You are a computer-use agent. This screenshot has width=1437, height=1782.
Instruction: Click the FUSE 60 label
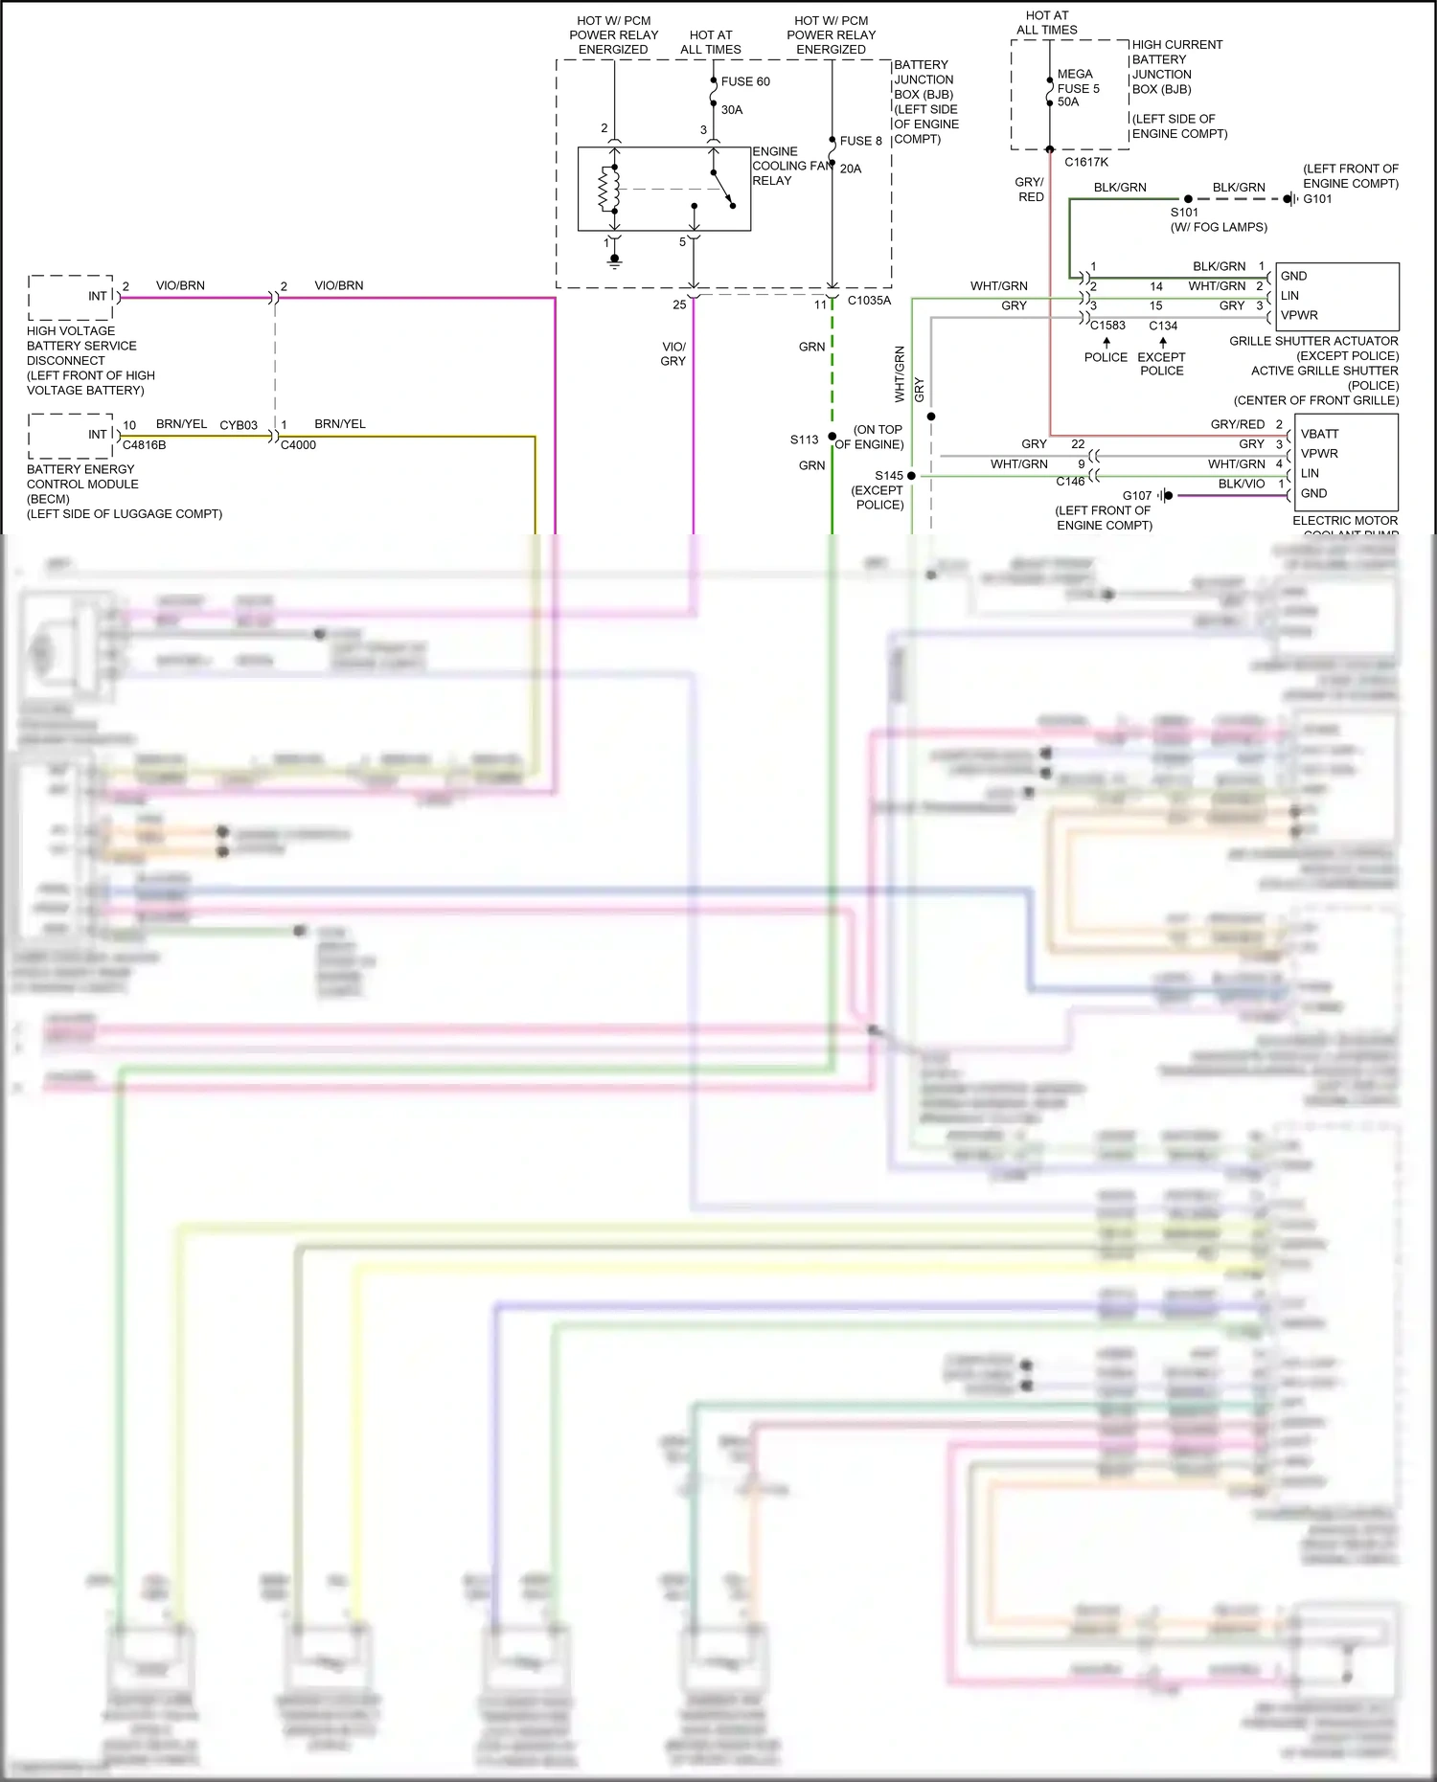(744, 81)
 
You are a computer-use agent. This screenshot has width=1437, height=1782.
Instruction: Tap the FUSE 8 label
(860, 141)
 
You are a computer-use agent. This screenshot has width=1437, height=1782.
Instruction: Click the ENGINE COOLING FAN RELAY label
(791, 166)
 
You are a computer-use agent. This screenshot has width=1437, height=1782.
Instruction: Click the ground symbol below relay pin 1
(614, 260)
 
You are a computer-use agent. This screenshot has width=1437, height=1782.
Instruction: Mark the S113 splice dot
(833, 437)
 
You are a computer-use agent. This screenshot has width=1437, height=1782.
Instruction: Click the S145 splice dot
(911, 476)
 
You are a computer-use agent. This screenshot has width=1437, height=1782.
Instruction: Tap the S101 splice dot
(1188, 199)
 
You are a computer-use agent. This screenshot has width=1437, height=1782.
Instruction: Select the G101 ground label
(1317, 199)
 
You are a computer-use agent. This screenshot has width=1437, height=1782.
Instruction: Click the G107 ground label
(1137, 495)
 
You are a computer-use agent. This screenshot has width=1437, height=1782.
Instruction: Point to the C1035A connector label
(869, 301)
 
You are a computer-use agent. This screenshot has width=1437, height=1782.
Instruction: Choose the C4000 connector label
(298, 445)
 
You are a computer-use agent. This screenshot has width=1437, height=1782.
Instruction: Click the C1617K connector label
(1086, 163)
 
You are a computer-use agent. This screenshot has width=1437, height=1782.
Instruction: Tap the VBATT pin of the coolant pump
(1319, 434)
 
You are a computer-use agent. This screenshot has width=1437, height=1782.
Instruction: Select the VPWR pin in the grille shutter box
(1299, 315)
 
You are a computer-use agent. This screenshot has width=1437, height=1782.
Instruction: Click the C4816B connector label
(144, 445)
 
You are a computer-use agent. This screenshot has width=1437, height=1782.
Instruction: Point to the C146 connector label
(1070, 482)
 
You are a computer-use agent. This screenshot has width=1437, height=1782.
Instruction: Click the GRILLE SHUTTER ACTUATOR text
(1313, 341)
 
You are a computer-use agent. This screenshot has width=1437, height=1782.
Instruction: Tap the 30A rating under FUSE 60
(732, 110)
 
